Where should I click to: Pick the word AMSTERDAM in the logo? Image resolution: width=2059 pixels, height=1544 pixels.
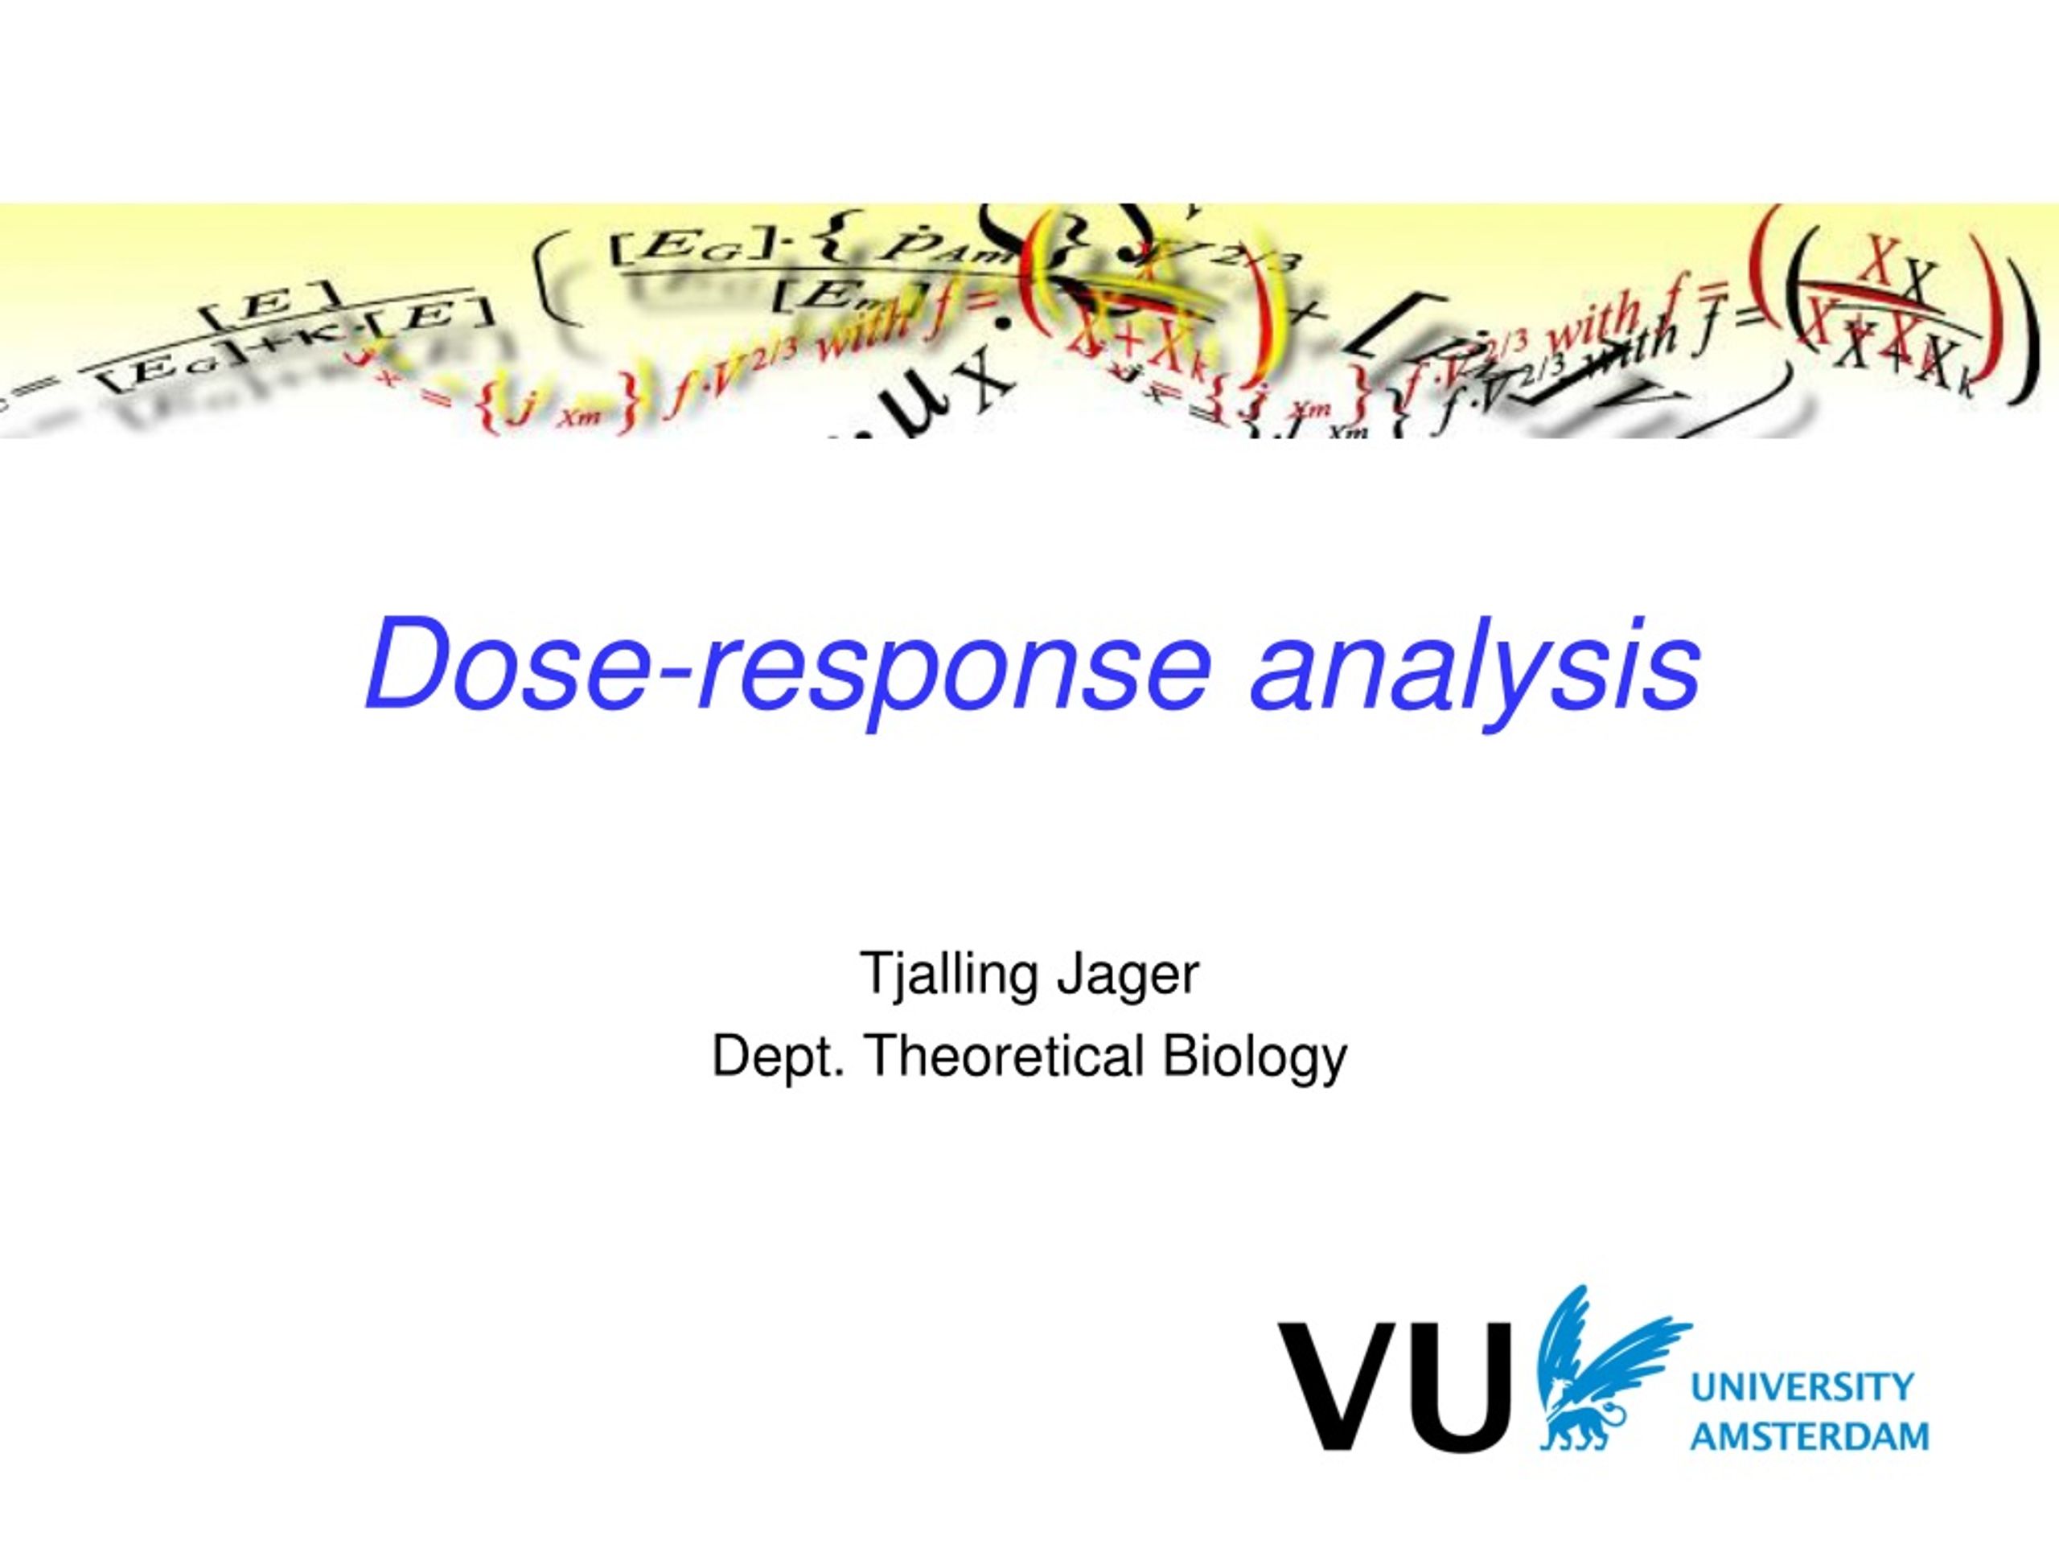tap(1810, 1436)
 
